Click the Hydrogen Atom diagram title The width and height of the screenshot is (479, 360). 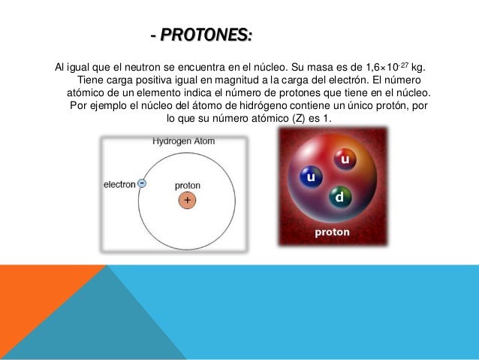click(184, 141)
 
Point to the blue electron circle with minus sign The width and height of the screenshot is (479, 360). click(142, 183)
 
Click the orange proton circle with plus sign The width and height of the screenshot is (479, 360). click(187, 201)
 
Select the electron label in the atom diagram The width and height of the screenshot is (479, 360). click(119, 183)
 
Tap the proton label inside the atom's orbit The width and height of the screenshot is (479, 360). click(187, 185)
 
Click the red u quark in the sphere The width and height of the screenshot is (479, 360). click(344, 160)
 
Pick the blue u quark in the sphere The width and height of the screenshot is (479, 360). click(309, 178)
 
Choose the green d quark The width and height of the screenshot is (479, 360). click(339, 198)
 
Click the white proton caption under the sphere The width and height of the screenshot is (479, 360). click(331, 232)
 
